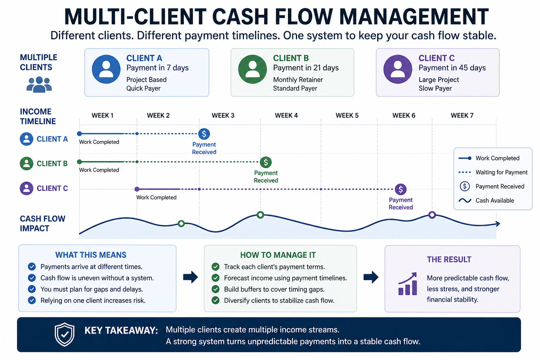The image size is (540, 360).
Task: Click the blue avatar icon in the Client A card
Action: (106, 69)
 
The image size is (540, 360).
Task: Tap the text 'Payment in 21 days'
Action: (306, 68)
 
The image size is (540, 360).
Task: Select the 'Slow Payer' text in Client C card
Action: (435, 89)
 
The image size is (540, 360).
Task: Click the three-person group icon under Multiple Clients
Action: (39, 85)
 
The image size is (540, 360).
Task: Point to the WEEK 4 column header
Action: (286, 116)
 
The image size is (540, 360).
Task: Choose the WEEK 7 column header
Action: (462, 116)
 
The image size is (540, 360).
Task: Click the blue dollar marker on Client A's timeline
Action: (204, 134)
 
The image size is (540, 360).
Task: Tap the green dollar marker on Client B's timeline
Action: (266, 162)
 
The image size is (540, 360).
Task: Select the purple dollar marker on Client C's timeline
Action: (400, 189)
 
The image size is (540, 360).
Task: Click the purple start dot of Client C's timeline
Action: (137, 189)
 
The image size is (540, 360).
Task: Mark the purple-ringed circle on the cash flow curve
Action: (432, 215)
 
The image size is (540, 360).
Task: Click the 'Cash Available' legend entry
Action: (494, 201)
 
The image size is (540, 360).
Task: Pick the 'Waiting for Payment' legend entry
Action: (501, 172)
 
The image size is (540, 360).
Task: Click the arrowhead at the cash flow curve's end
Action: (497, 224)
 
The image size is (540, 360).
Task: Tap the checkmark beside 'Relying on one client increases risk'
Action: (32, 300)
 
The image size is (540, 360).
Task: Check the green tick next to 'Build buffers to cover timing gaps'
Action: (216, 289)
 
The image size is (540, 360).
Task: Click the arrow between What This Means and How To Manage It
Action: (190, 277)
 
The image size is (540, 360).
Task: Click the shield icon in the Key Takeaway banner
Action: (65, 334)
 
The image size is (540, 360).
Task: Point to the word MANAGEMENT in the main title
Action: (414, 17)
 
